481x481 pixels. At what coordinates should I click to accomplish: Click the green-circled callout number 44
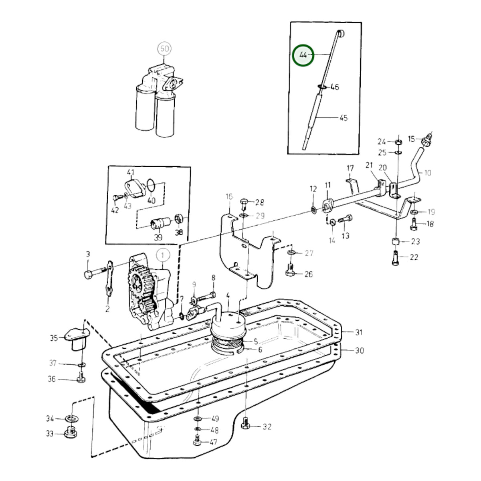(303, 55)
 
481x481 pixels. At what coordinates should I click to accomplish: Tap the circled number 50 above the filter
(164, 49)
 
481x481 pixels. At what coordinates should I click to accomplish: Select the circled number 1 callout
(163, 255)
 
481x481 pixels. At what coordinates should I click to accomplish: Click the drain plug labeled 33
(71, 432)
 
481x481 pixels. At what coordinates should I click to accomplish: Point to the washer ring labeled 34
(71, 418)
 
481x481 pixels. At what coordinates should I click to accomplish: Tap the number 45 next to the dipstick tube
(344, 118)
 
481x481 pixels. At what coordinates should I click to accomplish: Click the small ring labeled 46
(322, 87)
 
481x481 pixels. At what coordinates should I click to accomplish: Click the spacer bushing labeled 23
(395, 241)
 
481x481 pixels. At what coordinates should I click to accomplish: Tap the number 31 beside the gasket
(359, 332)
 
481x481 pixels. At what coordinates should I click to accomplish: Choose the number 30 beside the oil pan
(360, 350)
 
